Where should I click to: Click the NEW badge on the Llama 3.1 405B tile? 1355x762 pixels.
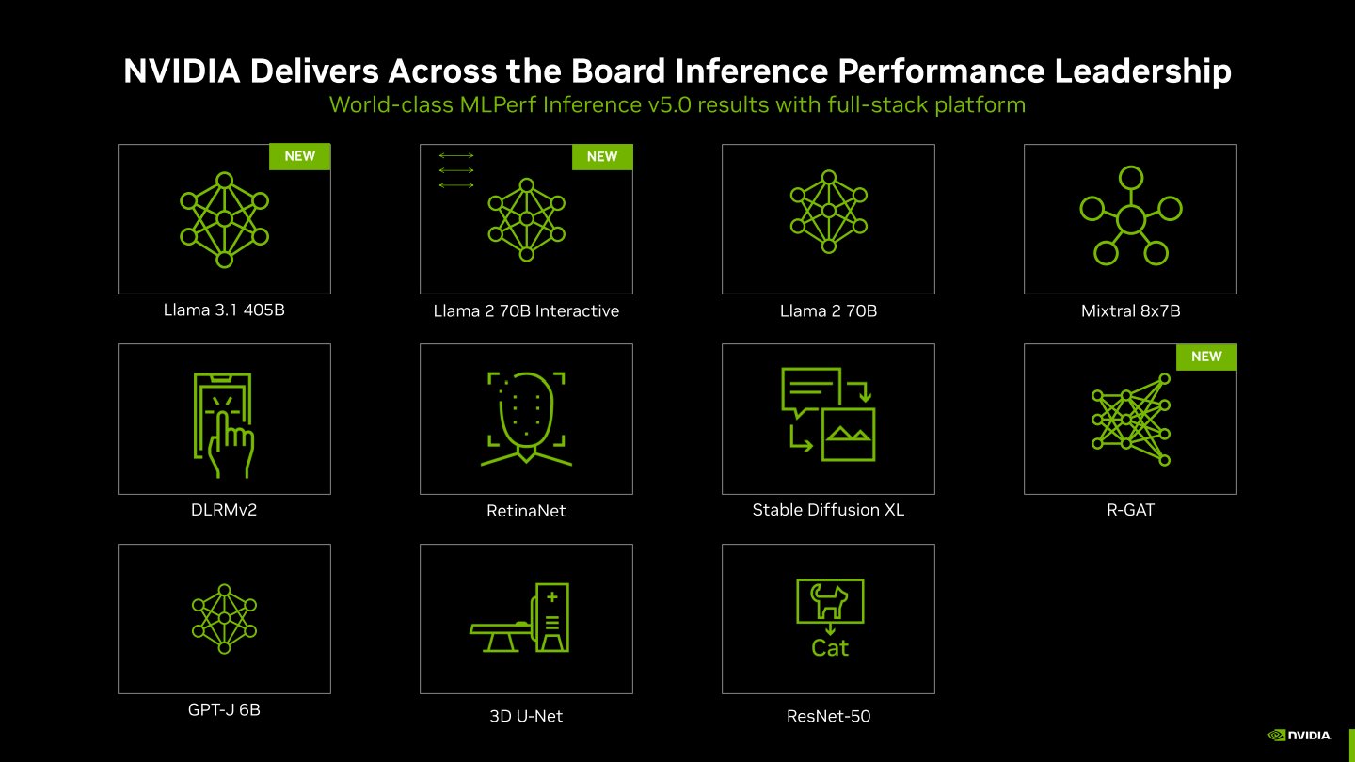299,156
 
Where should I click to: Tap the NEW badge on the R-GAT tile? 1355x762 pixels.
1205,357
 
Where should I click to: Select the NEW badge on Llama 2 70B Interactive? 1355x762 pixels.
601,157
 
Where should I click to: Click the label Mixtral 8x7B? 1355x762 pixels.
1130,310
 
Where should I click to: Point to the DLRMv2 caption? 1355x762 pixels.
223,510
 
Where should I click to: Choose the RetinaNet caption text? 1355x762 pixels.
526,511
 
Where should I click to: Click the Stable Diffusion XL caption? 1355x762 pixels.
828,510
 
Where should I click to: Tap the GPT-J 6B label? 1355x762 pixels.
224,710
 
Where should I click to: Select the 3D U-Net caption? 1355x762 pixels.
526,716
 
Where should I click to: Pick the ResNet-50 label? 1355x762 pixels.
828,716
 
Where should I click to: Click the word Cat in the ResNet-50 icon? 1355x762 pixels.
830,648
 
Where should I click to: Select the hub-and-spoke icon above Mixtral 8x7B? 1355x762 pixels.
1130,218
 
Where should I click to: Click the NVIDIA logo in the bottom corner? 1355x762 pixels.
1299,735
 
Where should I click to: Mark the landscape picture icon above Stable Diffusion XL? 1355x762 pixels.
849,434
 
